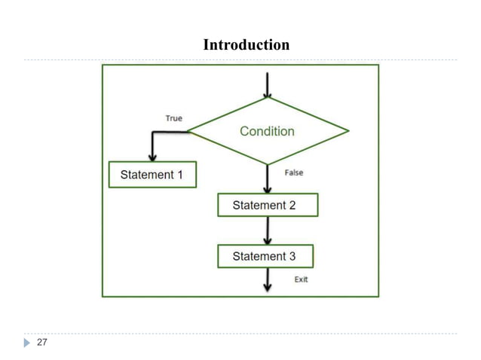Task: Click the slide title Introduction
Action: click(246, 45)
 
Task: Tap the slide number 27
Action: click(41, 343)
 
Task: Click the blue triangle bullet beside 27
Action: click(27, 343)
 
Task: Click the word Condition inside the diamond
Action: click(267, 131)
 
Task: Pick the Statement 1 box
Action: click(152, 175)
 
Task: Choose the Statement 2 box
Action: click(268, 205)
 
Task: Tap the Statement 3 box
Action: click(265, 256)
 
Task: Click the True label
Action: click(173, 118)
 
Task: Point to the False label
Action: click(294, 172)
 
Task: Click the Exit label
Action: click(301, 279)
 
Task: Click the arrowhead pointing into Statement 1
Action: click(153, 157)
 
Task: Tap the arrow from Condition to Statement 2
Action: click(268, 179)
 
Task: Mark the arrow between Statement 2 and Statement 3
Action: click(268, 230)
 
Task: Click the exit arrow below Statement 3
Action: click(268, 280)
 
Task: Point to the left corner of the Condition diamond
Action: click(188, 131)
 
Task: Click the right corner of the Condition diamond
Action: click(348, 131)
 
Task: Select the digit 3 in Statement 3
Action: click(292, 256)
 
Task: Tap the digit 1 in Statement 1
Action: click(179, 175)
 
